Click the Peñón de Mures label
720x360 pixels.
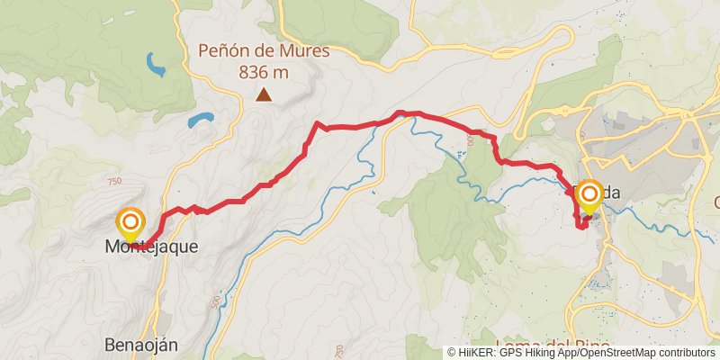(x=264, y=51)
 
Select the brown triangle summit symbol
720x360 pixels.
(x=264, y=94)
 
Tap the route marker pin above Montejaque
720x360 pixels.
(x=130, y=221)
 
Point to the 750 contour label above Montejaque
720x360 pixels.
(x=113, y=182)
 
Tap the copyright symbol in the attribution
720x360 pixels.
(x=452, y=353)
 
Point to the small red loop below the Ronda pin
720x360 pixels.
(x=581, y=223)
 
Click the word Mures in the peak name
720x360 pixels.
(x=303, y=51)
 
